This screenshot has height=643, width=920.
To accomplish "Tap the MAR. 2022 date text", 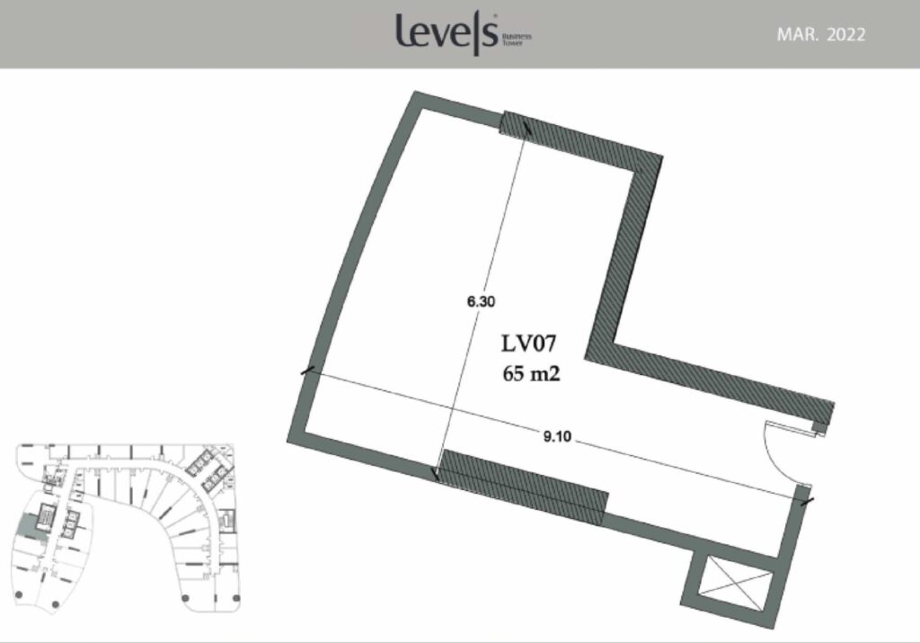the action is pyautogui.click(x=821, y=35).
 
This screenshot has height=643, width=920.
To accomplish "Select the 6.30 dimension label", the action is pyautogui.click(x=481, y=302).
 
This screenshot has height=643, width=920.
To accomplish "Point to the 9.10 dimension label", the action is pyautogui.click(x=557, y=437).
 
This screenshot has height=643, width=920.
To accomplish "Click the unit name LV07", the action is pyautogui.click(x=528, y=344).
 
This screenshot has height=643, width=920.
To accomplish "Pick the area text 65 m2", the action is pyautogui.click(x=531, y=373).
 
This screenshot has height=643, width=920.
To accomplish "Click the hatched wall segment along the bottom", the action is pyautogui.click(x=524, y=487).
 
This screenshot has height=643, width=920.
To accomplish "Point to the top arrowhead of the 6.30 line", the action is pyautogui.click(x=526, y=126).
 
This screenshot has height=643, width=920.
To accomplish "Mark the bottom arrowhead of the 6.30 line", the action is pyautogui.click(x=435, y=473).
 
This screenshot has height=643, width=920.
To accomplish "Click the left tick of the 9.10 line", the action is pyautogui.click(x=307, y=371).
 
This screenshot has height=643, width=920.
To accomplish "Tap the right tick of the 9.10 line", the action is pyautogui.click(x=808, y=502).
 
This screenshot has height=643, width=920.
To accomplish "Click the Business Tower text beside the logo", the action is pyautogui.click(x=517, y=40).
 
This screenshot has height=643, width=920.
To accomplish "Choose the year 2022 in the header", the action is pyautogui.click(x=846, y=35).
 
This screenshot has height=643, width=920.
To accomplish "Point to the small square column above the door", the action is pyautogui.click(x=818, y=427).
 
